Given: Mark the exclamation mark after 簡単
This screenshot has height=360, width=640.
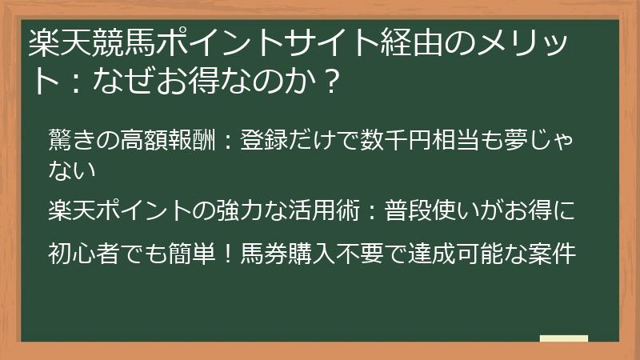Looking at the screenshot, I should pyautogui.click(x=227, y=254).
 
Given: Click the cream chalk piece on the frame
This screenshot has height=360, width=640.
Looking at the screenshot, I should pyautogui.click(x=563, y=338).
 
